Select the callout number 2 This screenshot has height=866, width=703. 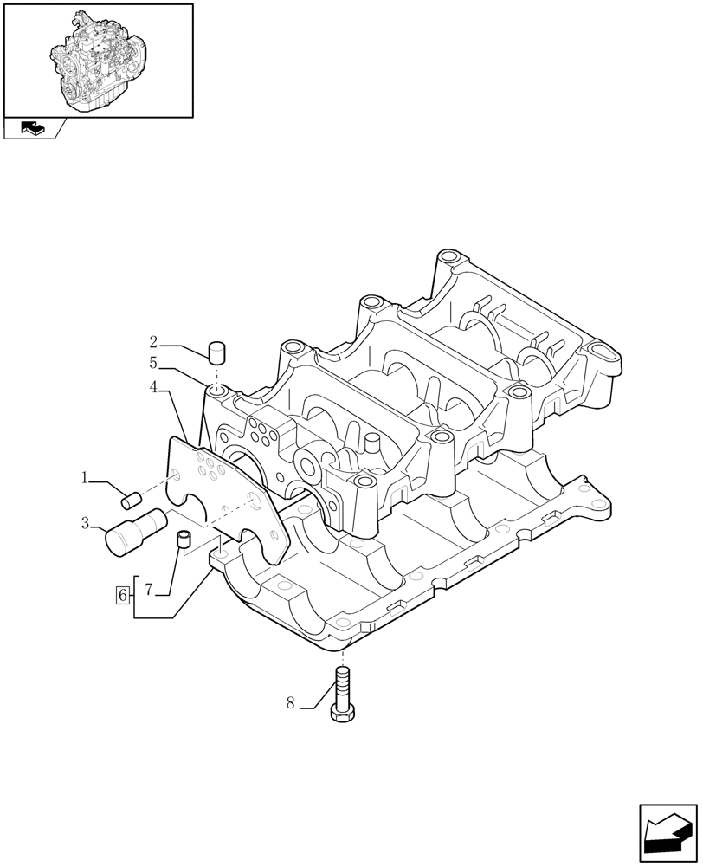(x=153, y=341)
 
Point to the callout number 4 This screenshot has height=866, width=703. (x=153, y=388)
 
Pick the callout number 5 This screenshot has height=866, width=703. (x=153, y=364)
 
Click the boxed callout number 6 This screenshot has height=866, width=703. (x=122, y=595)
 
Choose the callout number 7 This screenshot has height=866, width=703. (x=148, y=590)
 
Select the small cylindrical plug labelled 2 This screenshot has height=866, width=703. (x=216, y=352)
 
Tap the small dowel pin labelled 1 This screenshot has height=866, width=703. (x=132, y=499)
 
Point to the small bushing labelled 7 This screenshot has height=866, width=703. (x=183, y=540)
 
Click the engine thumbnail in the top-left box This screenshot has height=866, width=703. (x=98, y=60)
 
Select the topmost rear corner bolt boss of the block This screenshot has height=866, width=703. (x=447, y=257)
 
